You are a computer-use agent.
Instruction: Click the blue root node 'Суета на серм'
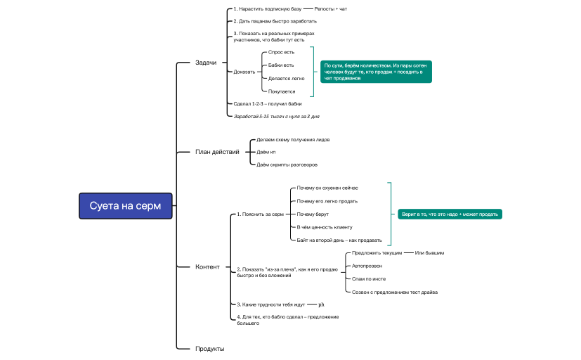click(x=125, y=206)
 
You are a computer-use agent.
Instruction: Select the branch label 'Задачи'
click(x=206, y=63)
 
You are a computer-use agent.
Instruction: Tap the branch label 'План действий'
click(x=217, y=152)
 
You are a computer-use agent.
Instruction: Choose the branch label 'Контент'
click(x=207, y=266)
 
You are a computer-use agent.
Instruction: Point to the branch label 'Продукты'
click(x=209, y=349)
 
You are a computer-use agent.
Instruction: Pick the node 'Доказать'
click(x=244, y=72)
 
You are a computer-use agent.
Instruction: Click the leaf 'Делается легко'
click(x=286, y=79)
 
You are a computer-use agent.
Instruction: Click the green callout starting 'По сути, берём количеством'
click(x=376, y=72)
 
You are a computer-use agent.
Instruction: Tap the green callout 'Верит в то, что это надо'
click(x=450, y=214)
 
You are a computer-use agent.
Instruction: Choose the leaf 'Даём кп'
click(x=266, y=152)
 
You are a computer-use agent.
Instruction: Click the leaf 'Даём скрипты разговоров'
click(x=287, y=165)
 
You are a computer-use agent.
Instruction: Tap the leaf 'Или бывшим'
click(x=429, y=252)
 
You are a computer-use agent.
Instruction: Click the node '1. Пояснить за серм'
click(x=260, y=214)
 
